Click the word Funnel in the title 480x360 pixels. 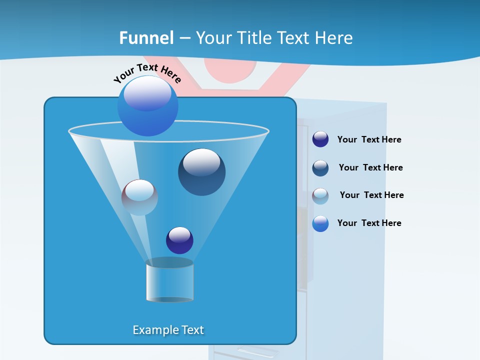pyautogui.click(x=146, y=38)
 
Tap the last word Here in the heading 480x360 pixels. pyautogui.click(x=334, y=38)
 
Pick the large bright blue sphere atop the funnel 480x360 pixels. pyautogui.click(x=147, y=105)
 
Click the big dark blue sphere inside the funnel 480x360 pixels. pyautogui.click(x=201, y=171)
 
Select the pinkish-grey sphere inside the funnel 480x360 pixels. pyautogui.click(x=139, y=197)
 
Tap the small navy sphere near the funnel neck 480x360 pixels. pyautogui.click(x=179, y=240)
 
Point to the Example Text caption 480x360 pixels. pyautogui.click(x=168, y=330)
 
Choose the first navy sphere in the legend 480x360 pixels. pyautogui.click(x=320, y=139)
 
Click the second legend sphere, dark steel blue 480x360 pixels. pyautogui.click(x=320, y=167)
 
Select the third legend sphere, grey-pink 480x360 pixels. pyautogui.click(x=320, y=195)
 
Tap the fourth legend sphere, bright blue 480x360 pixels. pyautogui.click(x=320, y=223)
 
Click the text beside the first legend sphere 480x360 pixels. pyautogui.click(x=369, y=139)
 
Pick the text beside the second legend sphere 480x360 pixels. pyautogui.click(x=370, y=167)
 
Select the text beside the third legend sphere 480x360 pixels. pyautogui.click(x=371, y=195)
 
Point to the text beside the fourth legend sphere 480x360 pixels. pyautogui.click(x=369, y=223)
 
